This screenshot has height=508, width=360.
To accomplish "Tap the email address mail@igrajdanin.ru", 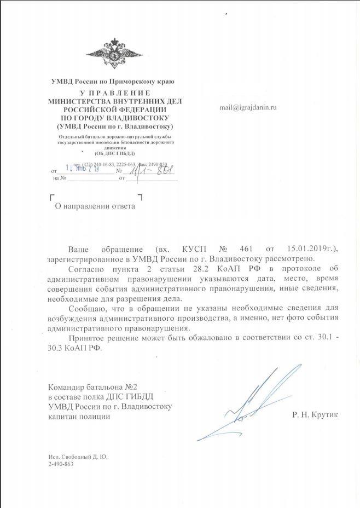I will [247, 107].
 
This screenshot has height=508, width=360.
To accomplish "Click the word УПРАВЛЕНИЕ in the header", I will [112, 93].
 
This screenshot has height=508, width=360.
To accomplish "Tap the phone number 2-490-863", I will [61, 464].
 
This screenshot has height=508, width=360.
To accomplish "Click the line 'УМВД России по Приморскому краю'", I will [112, 82].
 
